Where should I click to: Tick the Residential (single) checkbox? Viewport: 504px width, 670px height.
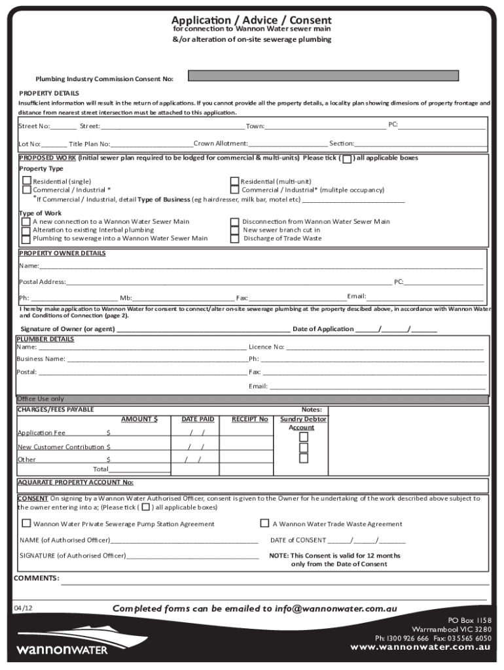coord(27,181)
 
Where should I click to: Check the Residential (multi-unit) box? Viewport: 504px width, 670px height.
coord(234,181)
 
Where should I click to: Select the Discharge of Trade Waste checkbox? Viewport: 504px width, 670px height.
coord(234,239)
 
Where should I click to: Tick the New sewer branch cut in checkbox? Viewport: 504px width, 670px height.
coord(234,230)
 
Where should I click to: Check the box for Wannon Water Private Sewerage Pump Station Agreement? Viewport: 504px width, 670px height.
coord(26,523)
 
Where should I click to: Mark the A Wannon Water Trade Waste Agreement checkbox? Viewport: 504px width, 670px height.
coord(264,523)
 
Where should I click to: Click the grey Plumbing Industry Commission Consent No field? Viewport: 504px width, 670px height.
coord(338,76)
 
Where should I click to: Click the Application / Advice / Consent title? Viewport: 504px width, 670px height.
coord(251,20)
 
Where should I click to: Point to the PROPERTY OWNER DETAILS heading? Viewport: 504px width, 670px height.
coord(62,253)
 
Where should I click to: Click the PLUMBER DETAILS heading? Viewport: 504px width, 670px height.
coord(45,339)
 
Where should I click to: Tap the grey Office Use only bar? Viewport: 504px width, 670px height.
coord(252,399)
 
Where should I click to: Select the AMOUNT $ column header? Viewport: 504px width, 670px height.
coord(139,419)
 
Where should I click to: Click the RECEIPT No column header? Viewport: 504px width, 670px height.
coord(249,419)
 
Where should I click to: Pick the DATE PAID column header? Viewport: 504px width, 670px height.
coord(198,419)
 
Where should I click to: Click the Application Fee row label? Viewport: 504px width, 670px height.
coord(41,432)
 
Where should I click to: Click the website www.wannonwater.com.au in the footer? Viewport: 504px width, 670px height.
coord(420,646)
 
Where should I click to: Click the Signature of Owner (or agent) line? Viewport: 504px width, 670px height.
coord(203,328)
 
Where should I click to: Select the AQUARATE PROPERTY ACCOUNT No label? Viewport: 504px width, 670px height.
coord(75,482)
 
